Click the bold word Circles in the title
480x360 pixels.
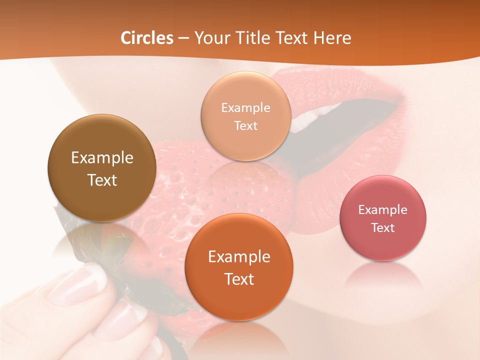click(x=147, y=38)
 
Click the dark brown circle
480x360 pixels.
click(x=102, y=168)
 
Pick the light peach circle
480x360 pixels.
click(x=245, y=116)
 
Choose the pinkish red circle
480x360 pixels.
click(x=382, y=218)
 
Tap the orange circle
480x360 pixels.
click(x=238, y=267)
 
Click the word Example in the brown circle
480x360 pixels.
click(x=102, y=158)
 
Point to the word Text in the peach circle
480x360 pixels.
click(x=245, y=126)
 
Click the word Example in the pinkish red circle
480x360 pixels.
click(x=382, y=210)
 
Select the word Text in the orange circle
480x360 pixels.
click(x=238, y=279)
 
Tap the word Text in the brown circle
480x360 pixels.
click(x=102, y=180)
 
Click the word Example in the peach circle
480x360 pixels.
click(x=245, y=108)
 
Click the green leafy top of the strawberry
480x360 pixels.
click(x=117, y=250)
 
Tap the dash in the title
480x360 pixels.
click(x=183, y=38)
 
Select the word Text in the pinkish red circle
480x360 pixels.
click(x=382, y=228)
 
